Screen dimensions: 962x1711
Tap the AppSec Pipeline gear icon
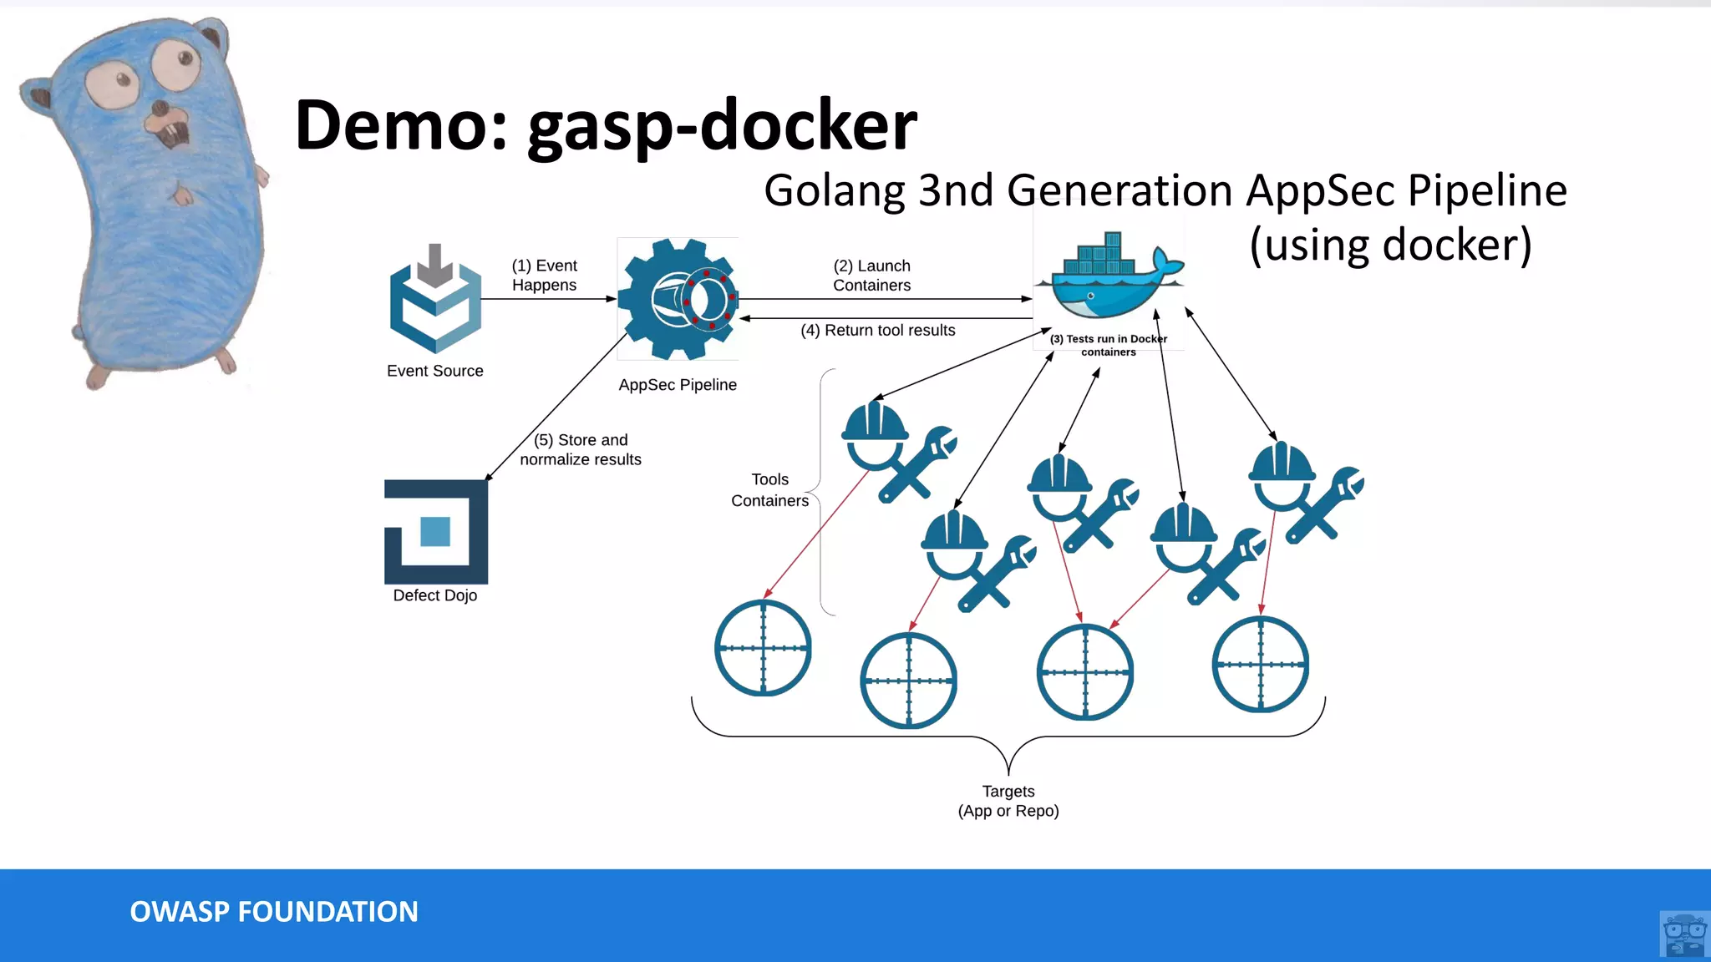[x=678, y=299]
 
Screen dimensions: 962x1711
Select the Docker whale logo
[x=1109, y=277]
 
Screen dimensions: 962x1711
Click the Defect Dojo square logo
[x=436, y=532]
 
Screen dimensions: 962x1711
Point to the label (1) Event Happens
[x=544, y=276]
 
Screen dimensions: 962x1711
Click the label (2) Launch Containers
[x=871, y=276]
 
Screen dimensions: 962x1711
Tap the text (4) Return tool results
[x=877, y=331]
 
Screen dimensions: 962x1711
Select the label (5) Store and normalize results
[x=581, y=450]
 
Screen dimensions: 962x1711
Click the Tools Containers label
[x=769, y=490]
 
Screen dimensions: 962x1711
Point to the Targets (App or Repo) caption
[x=1008, y=801]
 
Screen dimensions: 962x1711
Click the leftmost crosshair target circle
[x=763, y=648]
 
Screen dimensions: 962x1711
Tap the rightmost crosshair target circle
[x=1260, y=665]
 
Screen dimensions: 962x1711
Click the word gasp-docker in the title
[x=723, y=125]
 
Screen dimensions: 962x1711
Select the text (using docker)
[x=1390, y=246]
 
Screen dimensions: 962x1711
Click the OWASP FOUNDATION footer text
[x=274, y=912]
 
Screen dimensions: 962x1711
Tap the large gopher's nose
[x=160, y=109]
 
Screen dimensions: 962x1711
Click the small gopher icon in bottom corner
[x=1684, y=934]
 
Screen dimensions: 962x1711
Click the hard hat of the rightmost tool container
[x=1282, y=463]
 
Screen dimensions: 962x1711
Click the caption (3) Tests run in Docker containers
[x=1108, y=345]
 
